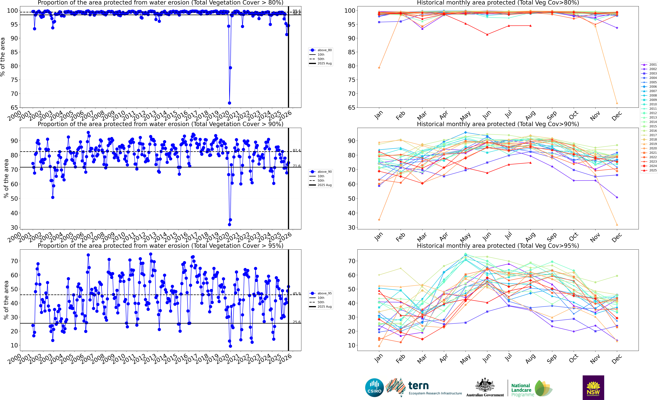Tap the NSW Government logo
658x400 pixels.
(x=593, y=387)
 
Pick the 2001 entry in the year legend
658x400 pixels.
(x=650, y=65)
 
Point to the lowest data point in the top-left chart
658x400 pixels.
(x=229, y=103)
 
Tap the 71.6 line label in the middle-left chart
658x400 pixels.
(x=296, y=166)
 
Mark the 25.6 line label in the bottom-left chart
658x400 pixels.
(x=296, y=322)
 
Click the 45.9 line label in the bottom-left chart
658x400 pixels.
(x=296, y=294)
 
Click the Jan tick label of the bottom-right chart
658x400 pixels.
(x=378, y=359)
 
